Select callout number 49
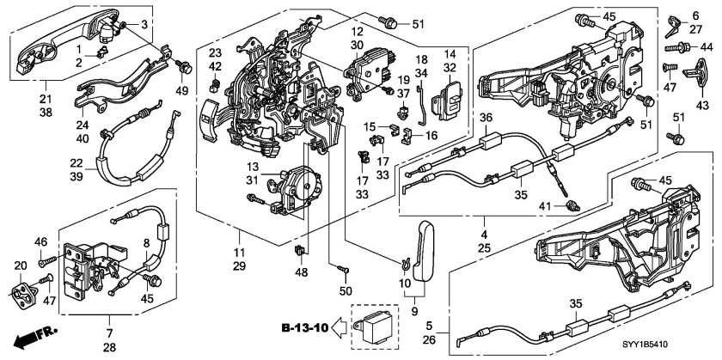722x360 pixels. coord(182,92)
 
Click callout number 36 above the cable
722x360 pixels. coord(486,118)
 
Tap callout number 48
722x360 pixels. coord(300,273)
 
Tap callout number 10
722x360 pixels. coord(407,284)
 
